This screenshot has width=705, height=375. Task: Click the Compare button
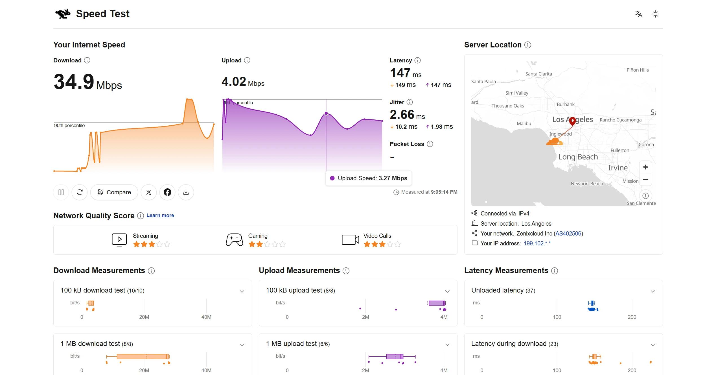click(114, 192)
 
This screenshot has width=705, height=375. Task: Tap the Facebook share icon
click(167, 192)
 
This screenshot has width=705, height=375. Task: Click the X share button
click(149, 192)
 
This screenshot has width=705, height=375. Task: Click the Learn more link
click(160, 215)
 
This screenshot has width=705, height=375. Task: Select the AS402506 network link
click(568, 234)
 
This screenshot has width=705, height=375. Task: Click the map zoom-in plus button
click(645, 167)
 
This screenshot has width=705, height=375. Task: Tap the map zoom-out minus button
click(645, 180)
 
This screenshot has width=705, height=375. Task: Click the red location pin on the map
click(572, 121)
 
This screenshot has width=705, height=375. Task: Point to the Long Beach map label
click(578, 157)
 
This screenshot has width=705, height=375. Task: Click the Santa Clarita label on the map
click(538, 74)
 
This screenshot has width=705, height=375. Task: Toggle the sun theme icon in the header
click(655, 14)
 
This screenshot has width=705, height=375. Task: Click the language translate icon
click(639, 14)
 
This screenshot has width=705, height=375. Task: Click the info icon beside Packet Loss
click(430, 144)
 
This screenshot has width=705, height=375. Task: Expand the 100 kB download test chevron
click(242, 291)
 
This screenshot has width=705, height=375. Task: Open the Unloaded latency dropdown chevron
click(653, 291)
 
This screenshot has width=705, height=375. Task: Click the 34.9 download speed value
click(74, 82)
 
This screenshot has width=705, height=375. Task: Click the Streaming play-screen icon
click(119, 240)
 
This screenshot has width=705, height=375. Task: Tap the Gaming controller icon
click(234, 240)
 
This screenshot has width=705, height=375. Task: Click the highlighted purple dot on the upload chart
click(326, 114)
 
